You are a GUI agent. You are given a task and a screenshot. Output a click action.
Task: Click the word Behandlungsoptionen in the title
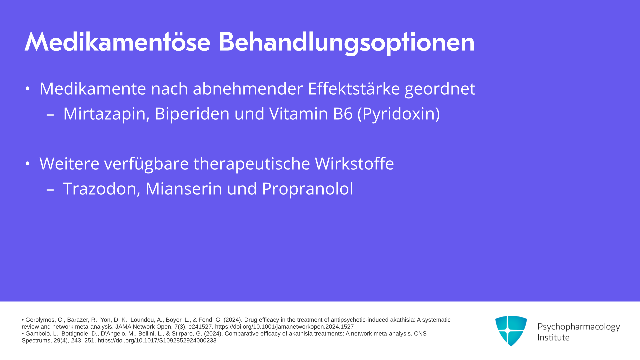[346, 43]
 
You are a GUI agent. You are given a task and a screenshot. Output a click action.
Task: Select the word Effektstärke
[354, 89]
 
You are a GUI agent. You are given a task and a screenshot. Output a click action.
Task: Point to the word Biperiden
[192, 114]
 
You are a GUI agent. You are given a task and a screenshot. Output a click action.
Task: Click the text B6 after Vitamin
[343, 114]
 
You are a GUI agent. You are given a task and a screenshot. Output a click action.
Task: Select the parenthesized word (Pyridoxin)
[399, 114]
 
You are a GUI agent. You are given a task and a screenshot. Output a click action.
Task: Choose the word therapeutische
[252, 164]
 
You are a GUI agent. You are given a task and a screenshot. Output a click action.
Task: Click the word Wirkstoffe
[354, 163]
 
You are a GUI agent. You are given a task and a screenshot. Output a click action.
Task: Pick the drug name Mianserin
[184, 189]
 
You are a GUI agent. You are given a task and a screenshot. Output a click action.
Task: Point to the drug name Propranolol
[307, 189]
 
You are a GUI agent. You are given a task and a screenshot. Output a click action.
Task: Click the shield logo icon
[511, 331]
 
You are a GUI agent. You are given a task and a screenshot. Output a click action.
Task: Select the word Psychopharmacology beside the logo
[579, 327]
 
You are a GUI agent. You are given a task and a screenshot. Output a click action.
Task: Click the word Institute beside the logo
[553, 338]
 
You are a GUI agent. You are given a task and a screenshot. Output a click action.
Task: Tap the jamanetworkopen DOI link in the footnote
[284, 327]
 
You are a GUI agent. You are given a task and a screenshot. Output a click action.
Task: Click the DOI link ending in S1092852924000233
[157, 341]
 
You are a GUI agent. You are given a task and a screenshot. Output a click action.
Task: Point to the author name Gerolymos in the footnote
[40, 320]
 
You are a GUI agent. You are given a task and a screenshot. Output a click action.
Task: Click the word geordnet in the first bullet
[440, 89]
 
